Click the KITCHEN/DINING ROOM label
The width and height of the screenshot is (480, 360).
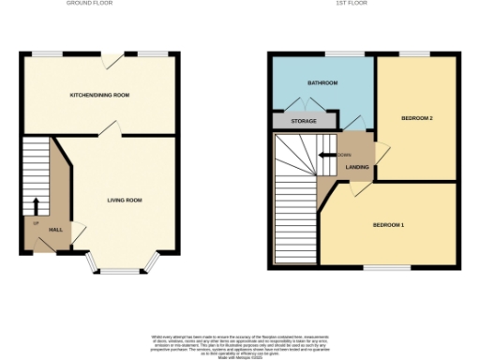(x=99, y=96)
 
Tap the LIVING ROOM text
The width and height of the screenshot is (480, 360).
(x=123, y=201)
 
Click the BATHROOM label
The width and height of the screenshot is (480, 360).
(x=323, y=83)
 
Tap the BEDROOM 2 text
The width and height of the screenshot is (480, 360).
(x=416, y=118)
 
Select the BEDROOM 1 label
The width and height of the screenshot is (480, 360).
(x=388, y=225)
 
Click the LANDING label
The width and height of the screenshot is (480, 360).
(x=357, y=168)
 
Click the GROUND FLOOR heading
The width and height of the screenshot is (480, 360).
(x=90, y=4)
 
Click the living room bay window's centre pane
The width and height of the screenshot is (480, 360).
(x=119, y=272)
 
